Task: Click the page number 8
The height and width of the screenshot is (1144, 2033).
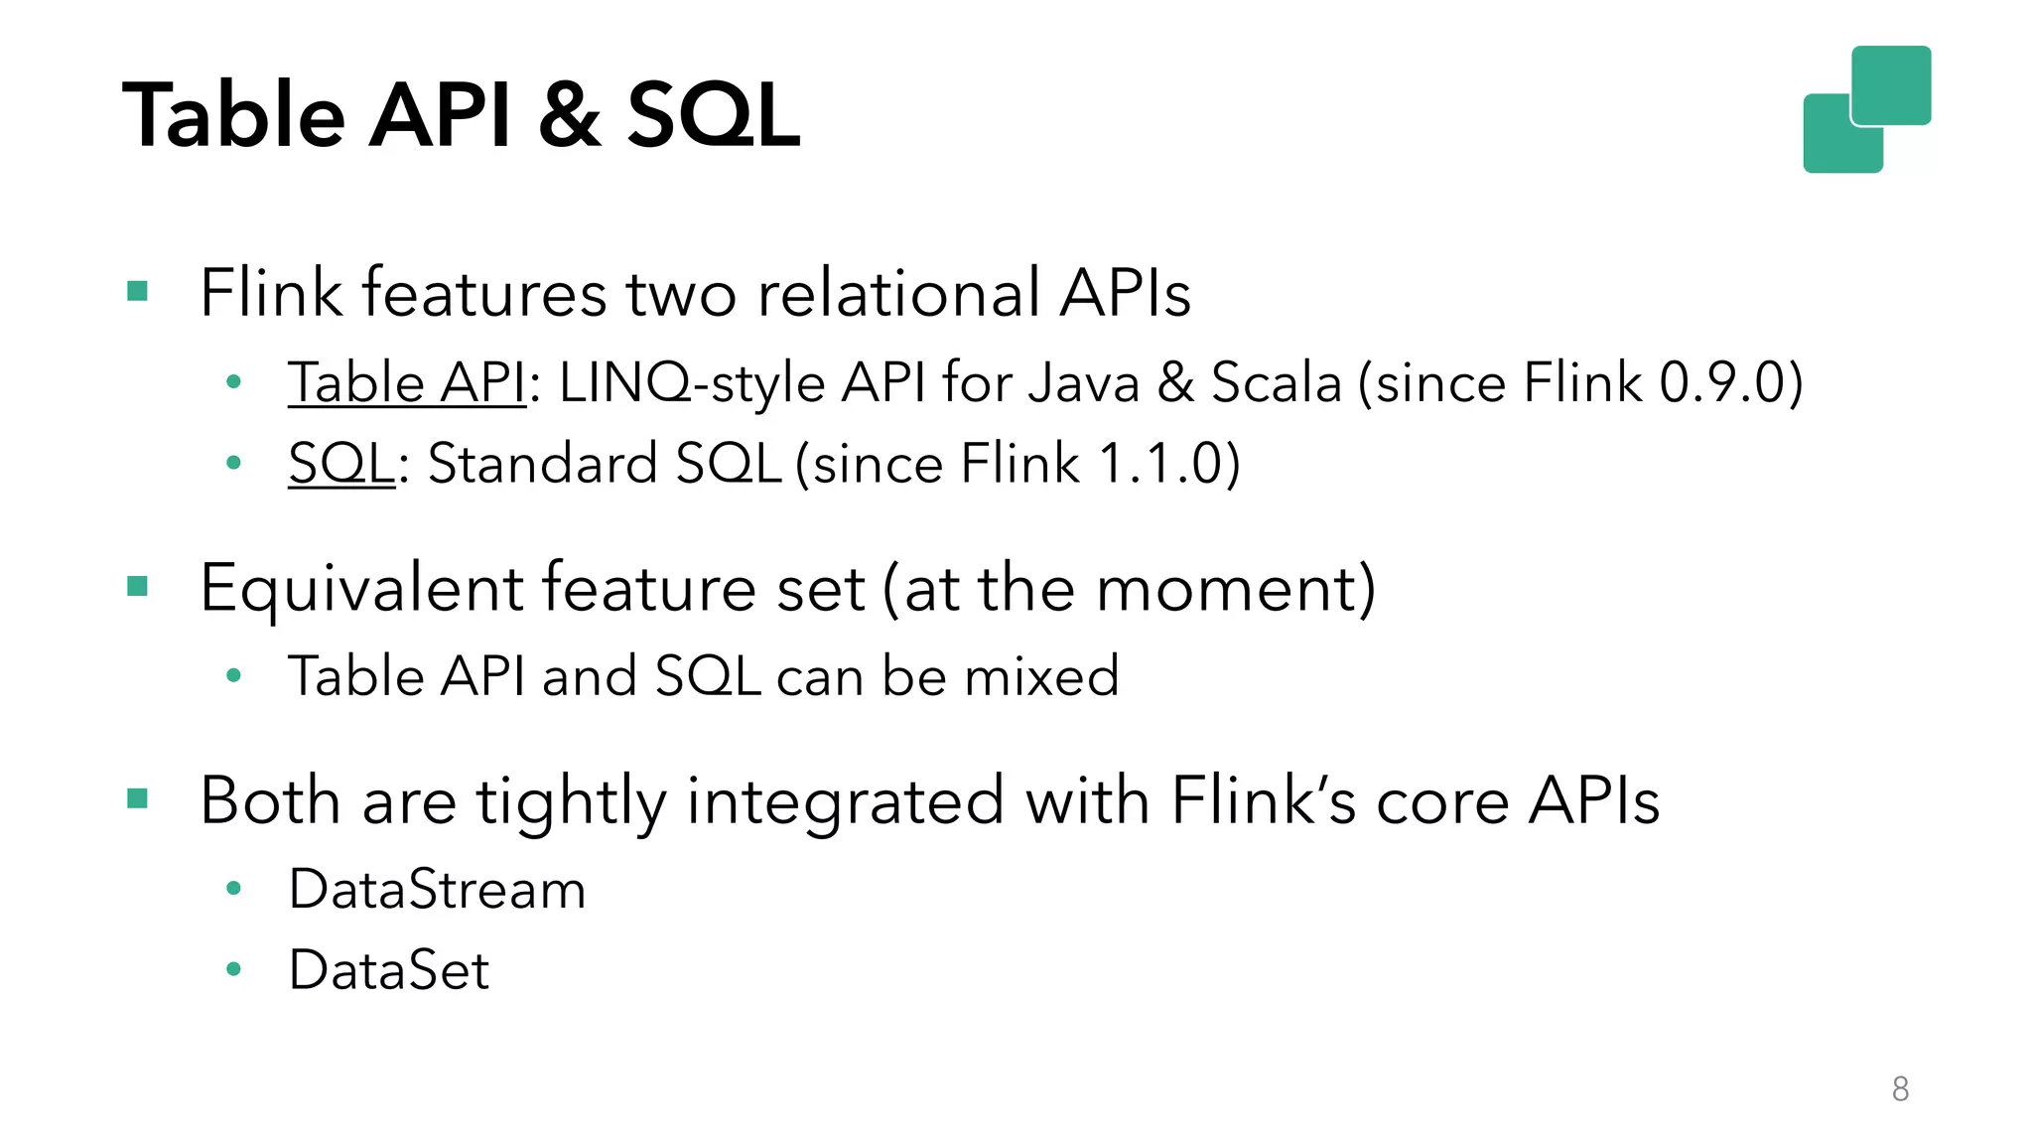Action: pos(1900,1089)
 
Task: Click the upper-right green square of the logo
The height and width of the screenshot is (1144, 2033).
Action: pos(1892,84)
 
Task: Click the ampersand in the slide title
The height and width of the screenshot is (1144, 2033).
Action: pos(569,115)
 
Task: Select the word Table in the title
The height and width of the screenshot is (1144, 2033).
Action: pos(233,115)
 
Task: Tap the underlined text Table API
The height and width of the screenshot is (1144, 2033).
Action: pos(406,382)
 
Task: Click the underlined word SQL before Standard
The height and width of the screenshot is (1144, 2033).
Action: pos(341,464)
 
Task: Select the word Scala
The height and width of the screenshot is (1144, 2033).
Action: pos(1276,382)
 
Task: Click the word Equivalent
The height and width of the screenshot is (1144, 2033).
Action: pos(361,588)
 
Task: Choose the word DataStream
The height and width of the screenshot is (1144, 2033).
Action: pos(437,889)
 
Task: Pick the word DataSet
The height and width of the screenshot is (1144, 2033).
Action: pos(389,970)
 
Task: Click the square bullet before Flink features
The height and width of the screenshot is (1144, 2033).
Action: pos(138,292)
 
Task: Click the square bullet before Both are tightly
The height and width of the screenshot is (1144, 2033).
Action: pos(138,798)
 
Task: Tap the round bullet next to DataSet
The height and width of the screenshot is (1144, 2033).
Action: pos(234,969)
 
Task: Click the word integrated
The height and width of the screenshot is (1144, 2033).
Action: pos(845,800)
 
